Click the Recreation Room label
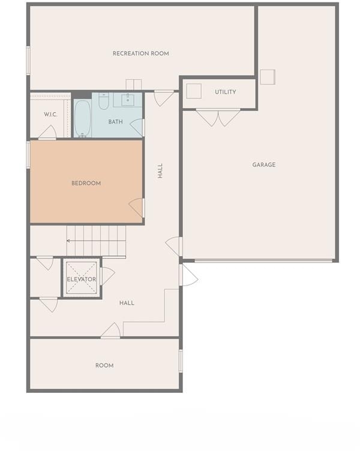click(141, 53)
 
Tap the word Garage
click(264, 165)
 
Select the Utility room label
click(226, 92)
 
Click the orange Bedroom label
click(86, 184)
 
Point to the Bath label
click(115, 122)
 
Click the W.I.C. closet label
click(50, 115)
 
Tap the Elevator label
click(82, 279)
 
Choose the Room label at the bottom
click(104, 366)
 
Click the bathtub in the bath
click(83, 119)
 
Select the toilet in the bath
click(104, 101)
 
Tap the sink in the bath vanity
click(128, 100)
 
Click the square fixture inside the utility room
click(194, 91)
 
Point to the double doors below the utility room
click(218, 118)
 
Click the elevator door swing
click(107, 276)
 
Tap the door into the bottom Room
click(111, 330)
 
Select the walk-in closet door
click(47, 133)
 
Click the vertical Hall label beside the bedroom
click(160, 171)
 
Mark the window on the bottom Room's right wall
click(181, 361)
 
